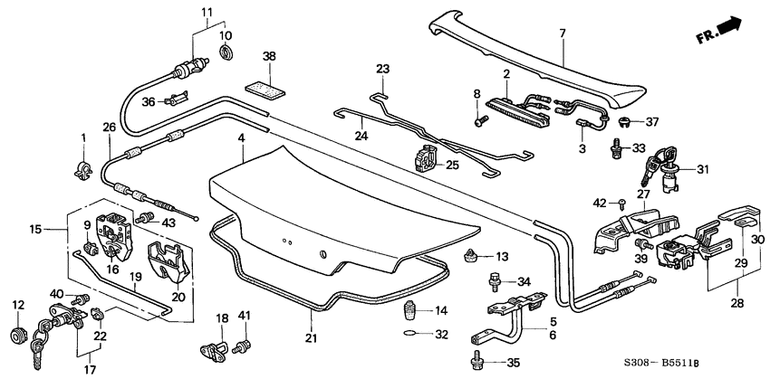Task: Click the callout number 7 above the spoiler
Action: coord(561,34)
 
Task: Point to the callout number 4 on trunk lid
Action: coord(242,138)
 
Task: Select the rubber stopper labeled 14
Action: coord(409,314)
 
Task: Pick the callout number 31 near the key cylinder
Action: coord(699,168)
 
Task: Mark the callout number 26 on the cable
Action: coord(109,128)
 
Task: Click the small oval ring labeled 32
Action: coord(409,333)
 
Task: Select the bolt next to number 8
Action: coord(477,116)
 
